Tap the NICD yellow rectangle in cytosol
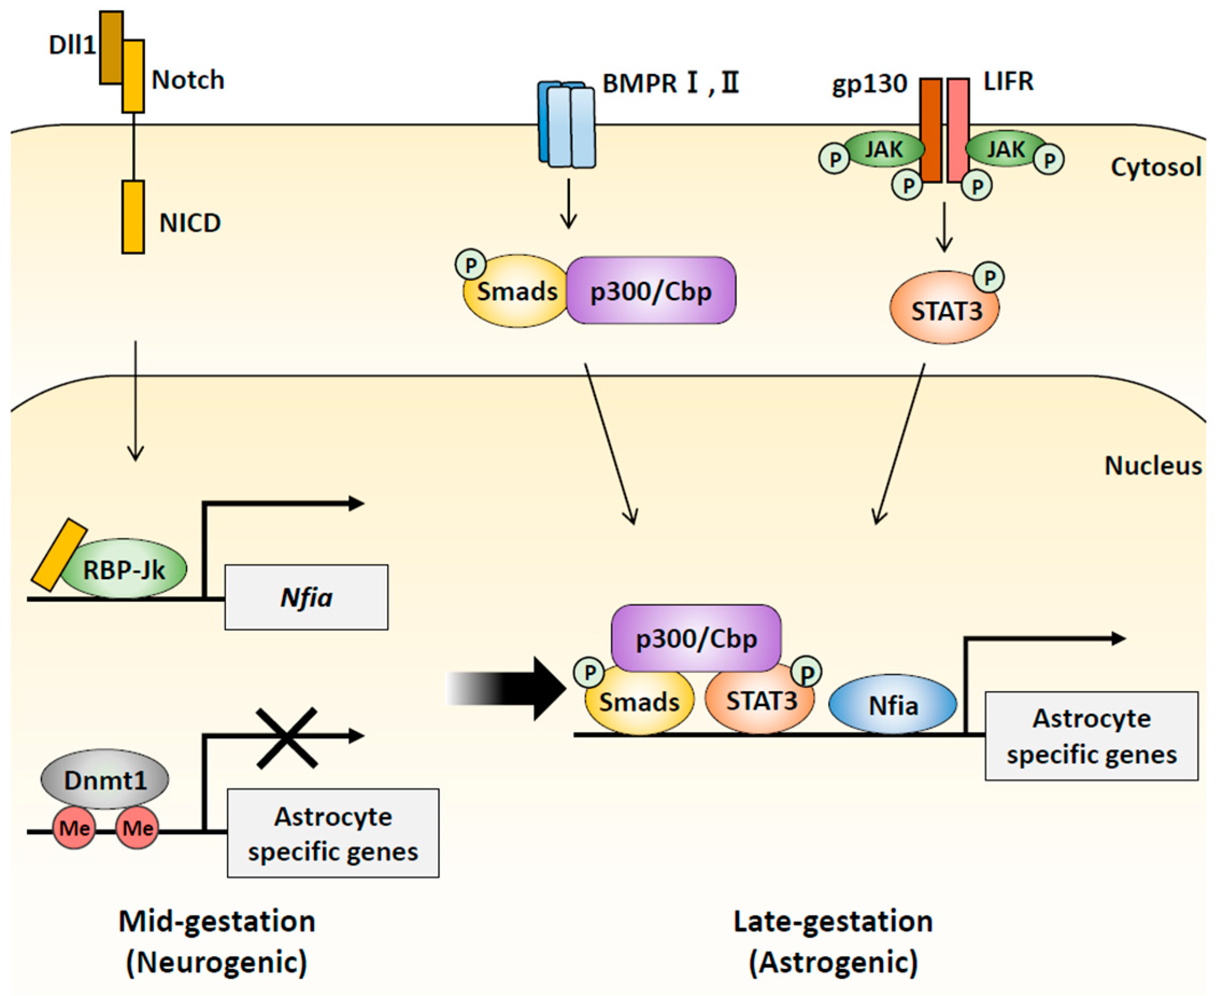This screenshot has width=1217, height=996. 133,217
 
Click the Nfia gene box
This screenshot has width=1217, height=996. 306,597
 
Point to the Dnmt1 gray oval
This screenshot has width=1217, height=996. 105,779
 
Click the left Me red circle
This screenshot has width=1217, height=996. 75,828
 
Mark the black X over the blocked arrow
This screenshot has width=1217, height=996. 287,738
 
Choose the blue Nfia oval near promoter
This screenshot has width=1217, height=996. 893,705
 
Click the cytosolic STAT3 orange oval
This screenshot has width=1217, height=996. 944,310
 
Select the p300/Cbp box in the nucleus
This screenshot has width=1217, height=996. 696,638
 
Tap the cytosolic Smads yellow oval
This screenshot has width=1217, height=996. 516,291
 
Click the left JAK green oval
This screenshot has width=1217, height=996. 884,149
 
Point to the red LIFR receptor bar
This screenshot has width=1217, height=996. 958,131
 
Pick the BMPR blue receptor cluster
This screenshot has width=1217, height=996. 566,125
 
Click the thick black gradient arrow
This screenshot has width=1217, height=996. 508,688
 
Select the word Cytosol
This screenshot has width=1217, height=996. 1155,167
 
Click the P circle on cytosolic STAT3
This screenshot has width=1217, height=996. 989,278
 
